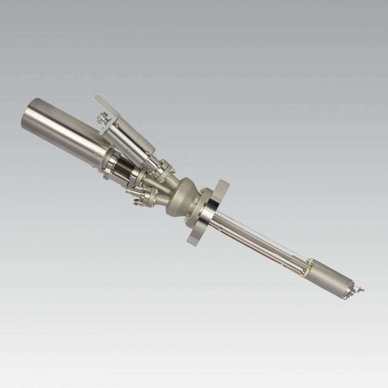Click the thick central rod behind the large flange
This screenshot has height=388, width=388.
(259, 238)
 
